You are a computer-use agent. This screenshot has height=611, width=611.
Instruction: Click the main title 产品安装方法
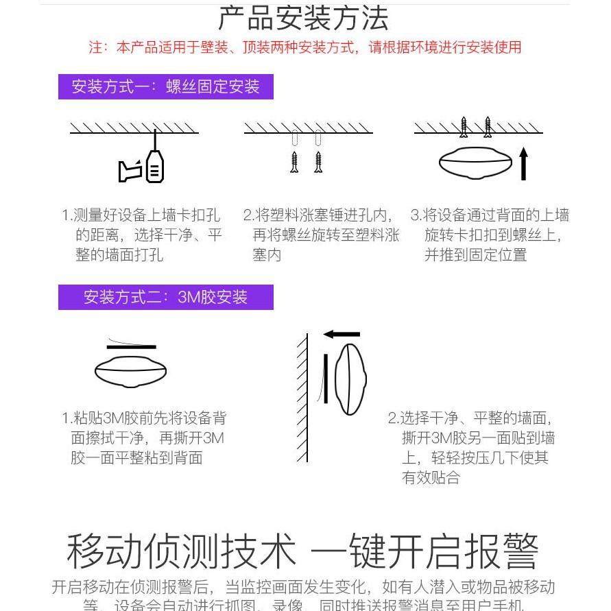point(303,19)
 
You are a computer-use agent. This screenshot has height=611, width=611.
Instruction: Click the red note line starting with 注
point(305,47)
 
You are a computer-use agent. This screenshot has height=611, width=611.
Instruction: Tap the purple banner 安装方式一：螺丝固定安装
point(165,87)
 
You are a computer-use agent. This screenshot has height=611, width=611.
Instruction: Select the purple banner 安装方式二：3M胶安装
point(165,297)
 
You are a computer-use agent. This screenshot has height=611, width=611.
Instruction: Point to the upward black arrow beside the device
point(523,163)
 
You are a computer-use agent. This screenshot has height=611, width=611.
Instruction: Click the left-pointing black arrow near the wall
point(342,335)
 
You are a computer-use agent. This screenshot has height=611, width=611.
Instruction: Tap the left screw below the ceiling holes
point(295,163)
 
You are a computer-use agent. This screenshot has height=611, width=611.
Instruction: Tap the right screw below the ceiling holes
point(318,163)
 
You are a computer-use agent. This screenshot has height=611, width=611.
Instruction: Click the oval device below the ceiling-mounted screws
point(474,162)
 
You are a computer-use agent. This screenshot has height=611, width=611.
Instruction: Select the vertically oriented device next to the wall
point(350,379)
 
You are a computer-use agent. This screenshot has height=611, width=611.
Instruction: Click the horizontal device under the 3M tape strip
point(131,372)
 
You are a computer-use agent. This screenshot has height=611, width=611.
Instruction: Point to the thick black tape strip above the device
point(131,347)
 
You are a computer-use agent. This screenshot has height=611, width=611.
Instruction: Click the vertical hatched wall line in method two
point(302,398)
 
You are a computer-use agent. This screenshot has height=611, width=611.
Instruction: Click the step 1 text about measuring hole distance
point(143,235)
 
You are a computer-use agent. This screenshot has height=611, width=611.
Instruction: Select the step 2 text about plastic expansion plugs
point(321,235)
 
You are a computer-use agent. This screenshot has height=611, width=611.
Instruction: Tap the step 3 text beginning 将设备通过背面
point(490,235)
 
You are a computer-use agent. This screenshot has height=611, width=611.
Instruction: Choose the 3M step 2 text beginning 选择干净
point(472,448)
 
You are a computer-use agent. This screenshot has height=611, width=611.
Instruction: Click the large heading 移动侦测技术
point(182,550)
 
